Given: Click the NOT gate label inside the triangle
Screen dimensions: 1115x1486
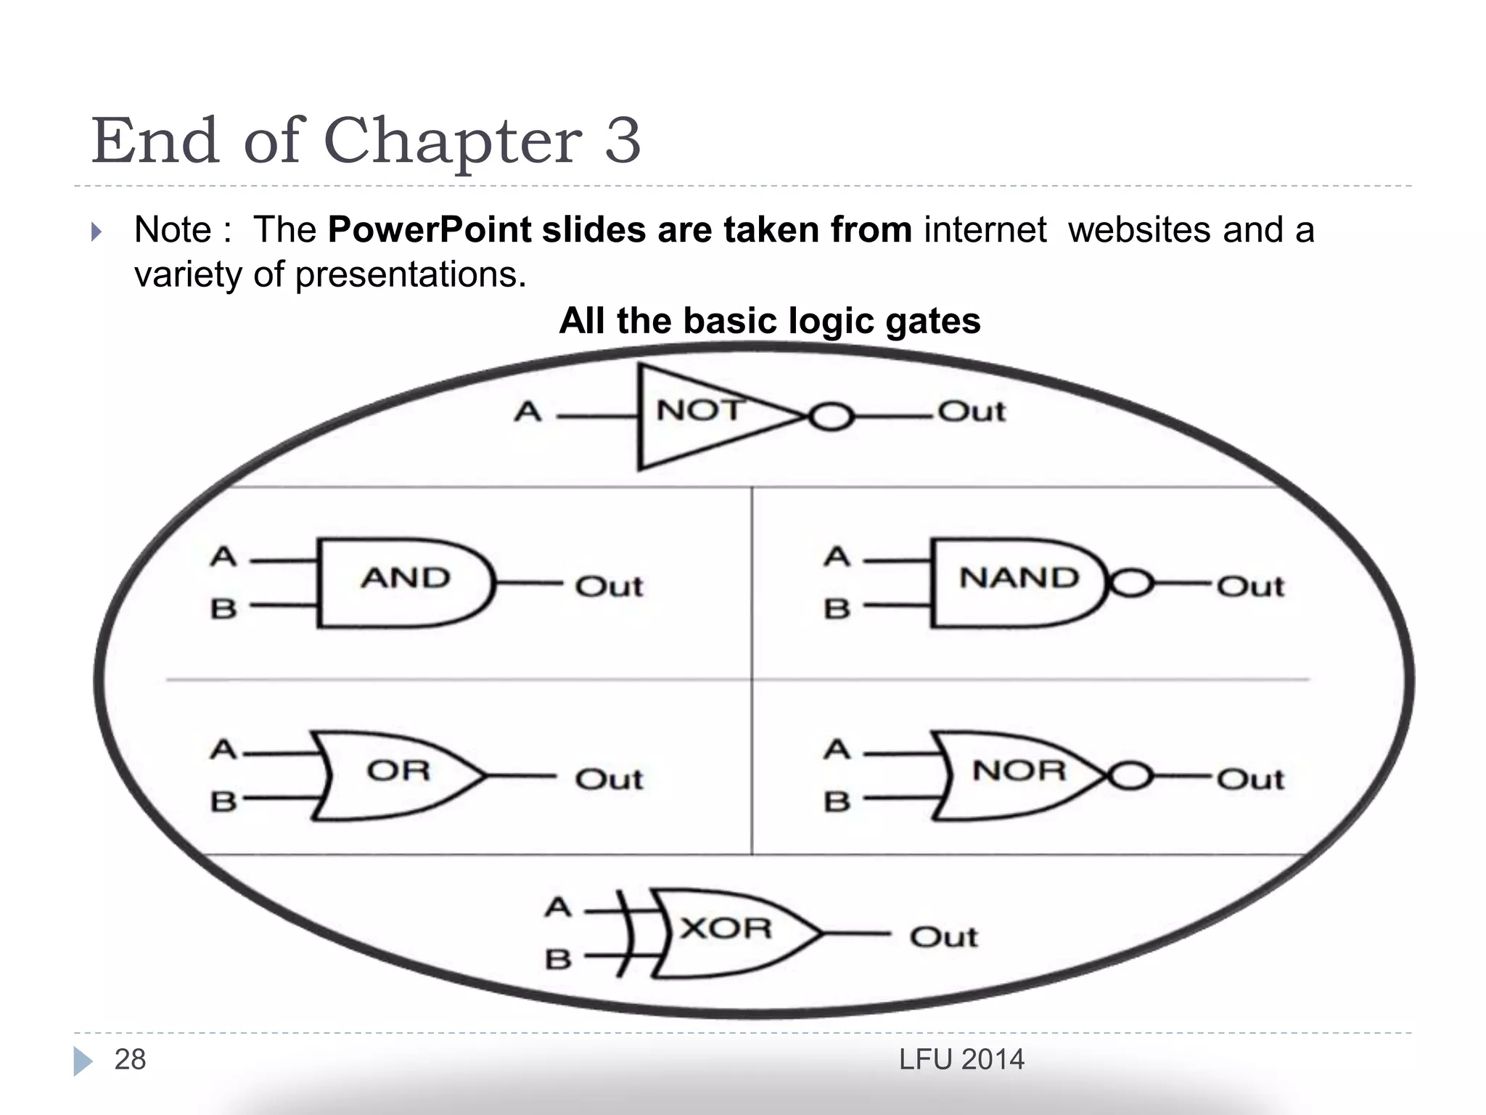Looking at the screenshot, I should tap(699, 411).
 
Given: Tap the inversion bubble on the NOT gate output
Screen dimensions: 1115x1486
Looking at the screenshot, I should tap(830, 417).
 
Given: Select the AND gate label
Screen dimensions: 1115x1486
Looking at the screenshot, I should tap(406, 579).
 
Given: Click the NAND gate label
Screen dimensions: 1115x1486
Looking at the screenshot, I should tap(1019, 579).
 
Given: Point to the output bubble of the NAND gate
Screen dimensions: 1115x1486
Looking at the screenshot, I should tap(1130, 583).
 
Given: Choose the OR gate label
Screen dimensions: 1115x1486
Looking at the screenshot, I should tap(398, 771).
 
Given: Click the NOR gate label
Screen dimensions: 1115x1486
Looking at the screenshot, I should tap(1019, 771).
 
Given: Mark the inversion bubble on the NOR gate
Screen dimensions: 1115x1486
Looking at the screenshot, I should tap(1130, 776).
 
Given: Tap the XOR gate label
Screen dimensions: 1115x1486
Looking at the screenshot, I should tap(726, 928).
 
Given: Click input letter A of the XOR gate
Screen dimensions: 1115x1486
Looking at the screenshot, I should tap(558, 907).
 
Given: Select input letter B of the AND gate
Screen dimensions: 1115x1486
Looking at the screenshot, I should tap(223, 609).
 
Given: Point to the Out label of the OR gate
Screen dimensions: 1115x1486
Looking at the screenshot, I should tap(609, 780).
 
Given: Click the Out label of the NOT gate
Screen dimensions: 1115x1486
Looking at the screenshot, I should tap(972, 412).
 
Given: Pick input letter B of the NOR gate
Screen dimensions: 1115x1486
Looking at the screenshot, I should tap(837, 802).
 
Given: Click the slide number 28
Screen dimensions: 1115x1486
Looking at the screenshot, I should tap(130, 1060).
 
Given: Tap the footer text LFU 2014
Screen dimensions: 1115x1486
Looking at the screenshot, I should tap(961, 1060).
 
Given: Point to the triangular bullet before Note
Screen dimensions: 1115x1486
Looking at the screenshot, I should tap(97, 232).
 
